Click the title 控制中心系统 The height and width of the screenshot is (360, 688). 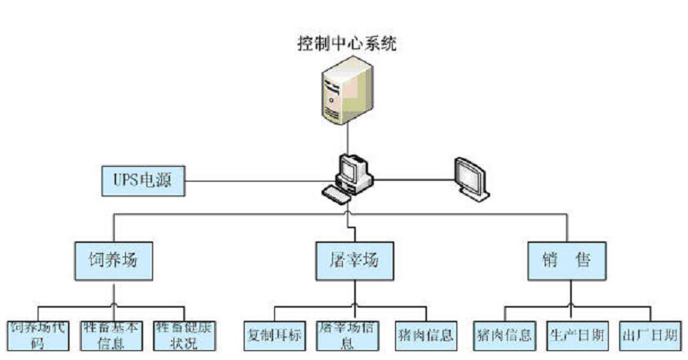pos(347,43)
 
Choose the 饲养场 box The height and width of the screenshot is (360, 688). pos(114,260)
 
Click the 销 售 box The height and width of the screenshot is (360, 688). pos(567,260)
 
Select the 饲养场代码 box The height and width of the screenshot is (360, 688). pos(36,335)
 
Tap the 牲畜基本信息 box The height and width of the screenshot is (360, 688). pos(112,335)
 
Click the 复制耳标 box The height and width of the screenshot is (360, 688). pos(274,335)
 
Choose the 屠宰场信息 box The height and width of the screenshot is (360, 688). pos(346,335)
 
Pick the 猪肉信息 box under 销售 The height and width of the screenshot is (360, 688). pos(503,335)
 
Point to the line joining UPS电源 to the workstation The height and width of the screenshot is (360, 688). pos(262,180)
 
